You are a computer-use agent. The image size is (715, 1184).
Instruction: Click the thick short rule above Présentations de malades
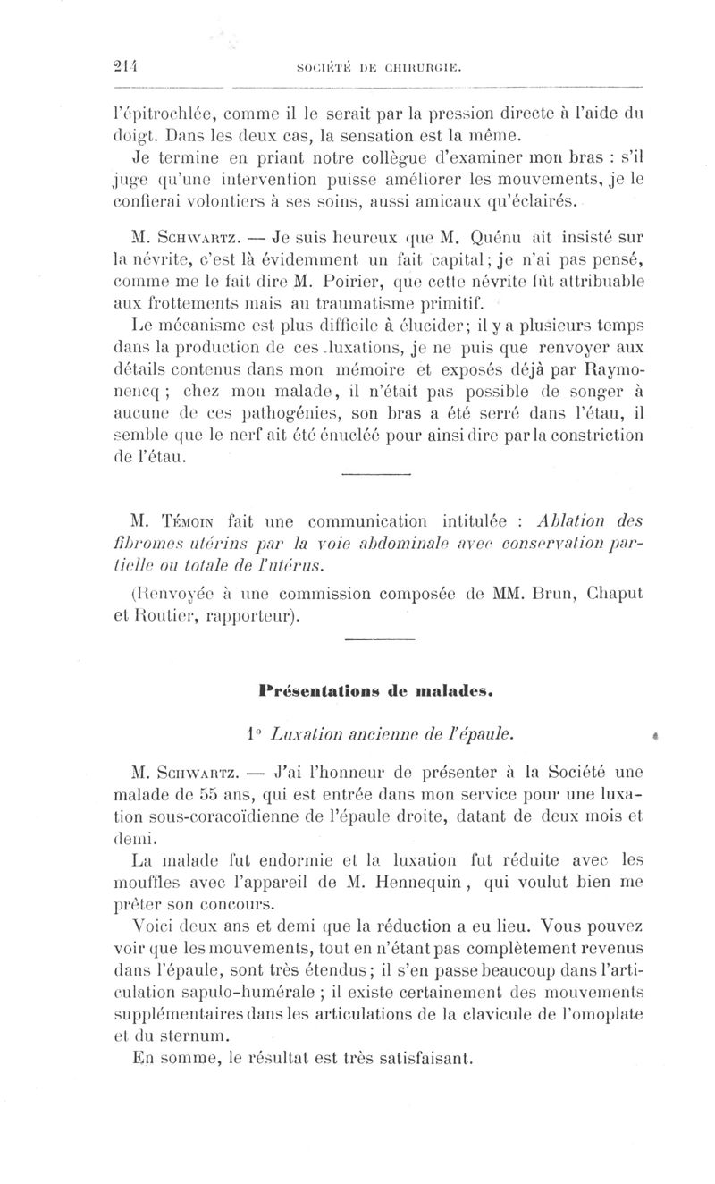pyautogui.click(x=379, y=638)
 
